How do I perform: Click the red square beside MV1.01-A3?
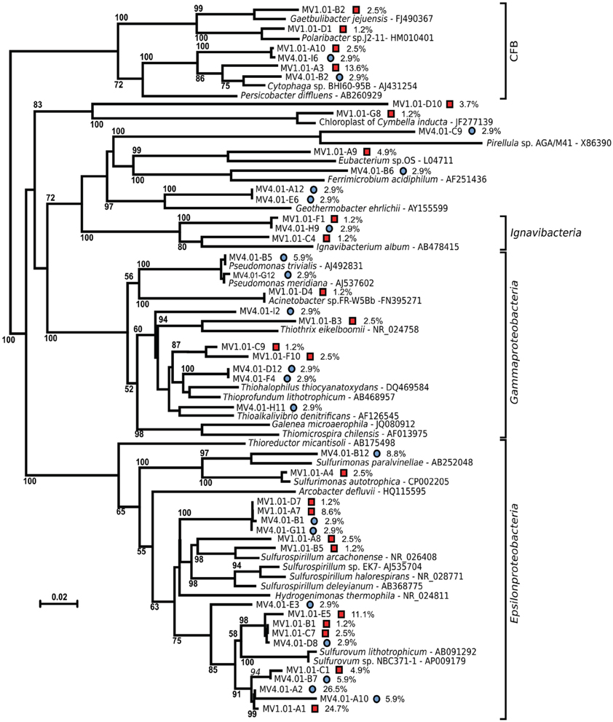[336, 67]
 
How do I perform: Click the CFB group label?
[515, 50]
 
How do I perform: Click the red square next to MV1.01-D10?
[451, 105]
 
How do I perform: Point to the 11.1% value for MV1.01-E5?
[363, 614]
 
